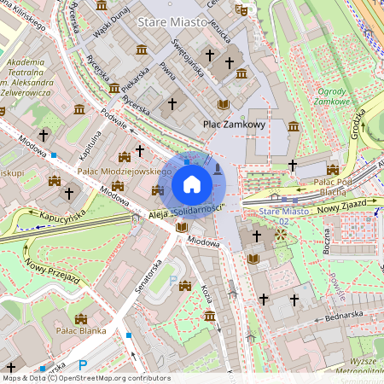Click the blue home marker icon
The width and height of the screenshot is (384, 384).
[x=191, y=183]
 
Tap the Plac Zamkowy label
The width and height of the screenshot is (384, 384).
[x=234, y=124]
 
